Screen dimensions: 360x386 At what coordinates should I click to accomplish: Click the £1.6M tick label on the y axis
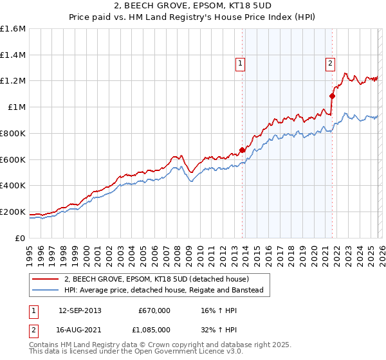(13, 29)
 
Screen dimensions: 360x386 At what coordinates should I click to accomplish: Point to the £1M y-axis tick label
(15, 107)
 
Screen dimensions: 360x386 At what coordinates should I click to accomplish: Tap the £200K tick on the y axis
(13, 212)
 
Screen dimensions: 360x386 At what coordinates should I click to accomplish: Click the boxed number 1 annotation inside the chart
(239, 63)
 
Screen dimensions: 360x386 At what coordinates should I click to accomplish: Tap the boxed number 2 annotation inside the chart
(329, 63)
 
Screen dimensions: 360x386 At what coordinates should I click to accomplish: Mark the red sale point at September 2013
(243, 150)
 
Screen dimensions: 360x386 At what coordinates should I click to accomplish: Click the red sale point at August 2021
(333, 96)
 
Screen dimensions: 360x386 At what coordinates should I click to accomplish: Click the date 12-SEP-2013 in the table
(80, 310)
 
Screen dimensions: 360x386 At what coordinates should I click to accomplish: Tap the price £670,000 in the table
(154, 310)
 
